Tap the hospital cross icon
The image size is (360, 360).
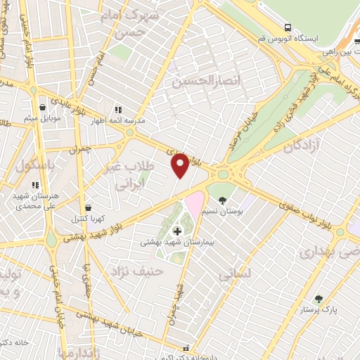point(176,231)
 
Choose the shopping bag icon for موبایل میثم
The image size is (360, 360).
point(44,108)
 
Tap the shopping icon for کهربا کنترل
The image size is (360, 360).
point(89,208)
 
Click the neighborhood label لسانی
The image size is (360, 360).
point(234,276)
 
